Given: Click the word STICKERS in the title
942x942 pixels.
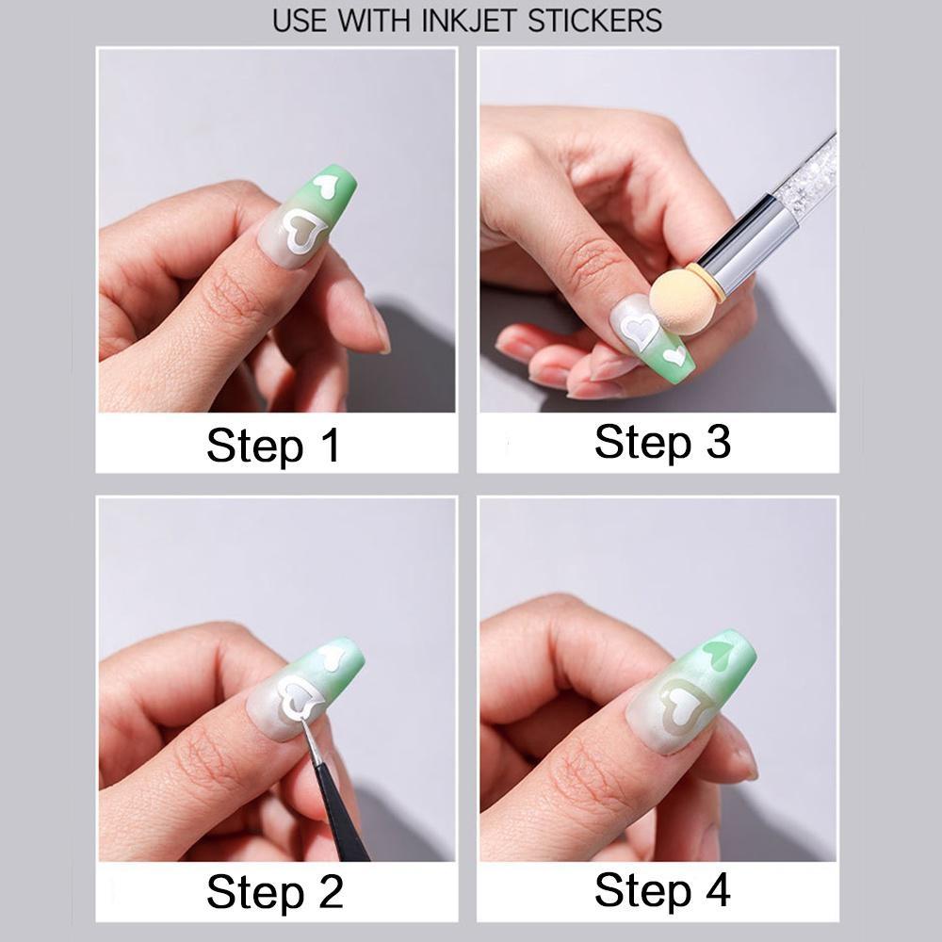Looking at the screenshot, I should click(594, 20).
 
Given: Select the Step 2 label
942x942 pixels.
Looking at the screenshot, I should click(274, 891).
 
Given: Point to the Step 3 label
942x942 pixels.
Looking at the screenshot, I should click(662, 441).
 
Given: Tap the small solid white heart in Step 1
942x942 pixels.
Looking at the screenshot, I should click(328, 185).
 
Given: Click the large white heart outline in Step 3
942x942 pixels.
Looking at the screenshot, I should click(638, 332).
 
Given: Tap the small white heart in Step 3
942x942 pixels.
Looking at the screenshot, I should click(674, 356).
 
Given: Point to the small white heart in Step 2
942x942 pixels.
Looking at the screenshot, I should click(331, 657).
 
